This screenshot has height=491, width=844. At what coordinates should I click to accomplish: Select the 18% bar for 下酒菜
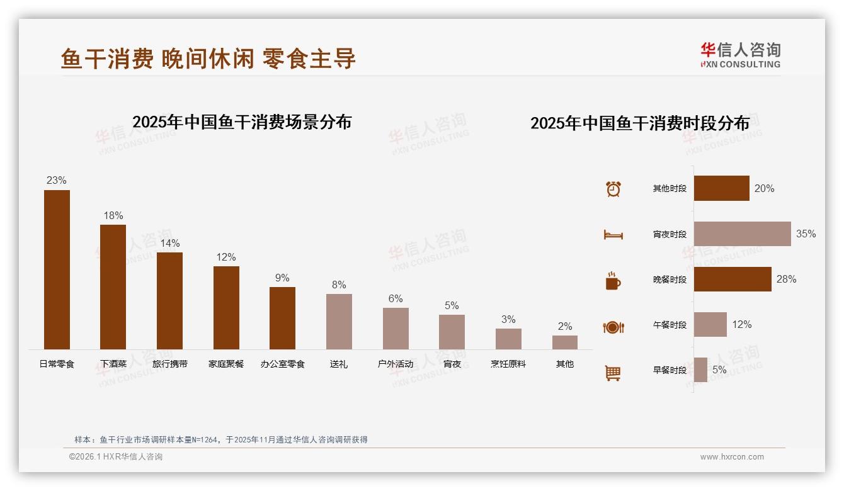[113, 287]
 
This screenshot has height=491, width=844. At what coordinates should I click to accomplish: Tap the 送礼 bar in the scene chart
[339, 322]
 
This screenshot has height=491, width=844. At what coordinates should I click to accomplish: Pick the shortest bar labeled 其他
[564, 342]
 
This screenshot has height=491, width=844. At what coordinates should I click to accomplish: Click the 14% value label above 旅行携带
[169, 243]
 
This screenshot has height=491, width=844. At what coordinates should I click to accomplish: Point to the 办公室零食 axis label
[282, 364]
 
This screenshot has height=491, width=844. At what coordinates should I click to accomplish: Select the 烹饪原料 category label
[508, 364]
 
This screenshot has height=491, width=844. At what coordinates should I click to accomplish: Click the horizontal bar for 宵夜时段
[742, 234]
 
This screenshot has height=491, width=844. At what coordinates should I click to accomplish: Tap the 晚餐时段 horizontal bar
[733, 279]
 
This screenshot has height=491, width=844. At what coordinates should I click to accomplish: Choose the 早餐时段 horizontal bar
[700, 370]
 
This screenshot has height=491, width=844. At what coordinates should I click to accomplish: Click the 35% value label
[806, 234]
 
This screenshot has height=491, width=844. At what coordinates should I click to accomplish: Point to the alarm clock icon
[613, 189]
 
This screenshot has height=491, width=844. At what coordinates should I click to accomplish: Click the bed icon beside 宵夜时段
[613, 235]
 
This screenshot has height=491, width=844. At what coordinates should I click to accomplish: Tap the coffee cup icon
[613, 281]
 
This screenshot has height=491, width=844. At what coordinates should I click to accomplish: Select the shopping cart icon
[613, 373]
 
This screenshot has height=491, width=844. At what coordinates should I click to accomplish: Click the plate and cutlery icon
[613, 327]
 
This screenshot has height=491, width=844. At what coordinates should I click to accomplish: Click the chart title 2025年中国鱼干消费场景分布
[242, 121]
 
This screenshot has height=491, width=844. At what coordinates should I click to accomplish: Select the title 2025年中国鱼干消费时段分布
[639, 123]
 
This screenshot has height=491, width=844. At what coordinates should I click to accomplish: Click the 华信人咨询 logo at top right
[740, 55]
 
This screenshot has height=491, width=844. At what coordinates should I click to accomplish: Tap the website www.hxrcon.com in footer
[732, 457]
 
